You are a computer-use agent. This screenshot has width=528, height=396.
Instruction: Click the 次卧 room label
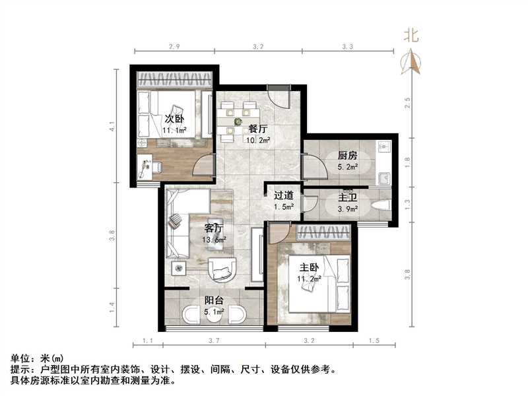pos(174,119)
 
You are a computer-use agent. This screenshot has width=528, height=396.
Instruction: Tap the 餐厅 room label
pos(257,129)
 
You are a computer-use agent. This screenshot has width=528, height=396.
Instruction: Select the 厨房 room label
pos(347,156)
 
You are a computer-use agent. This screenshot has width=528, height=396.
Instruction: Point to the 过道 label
pos(283,195)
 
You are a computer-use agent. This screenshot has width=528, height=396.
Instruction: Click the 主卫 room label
pos(347,197)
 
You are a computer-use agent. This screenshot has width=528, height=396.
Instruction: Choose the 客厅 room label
pos(213,228)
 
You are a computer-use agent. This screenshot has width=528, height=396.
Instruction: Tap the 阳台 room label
pos(213,300)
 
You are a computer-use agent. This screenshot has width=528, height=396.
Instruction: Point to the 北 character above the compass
pos(412,36)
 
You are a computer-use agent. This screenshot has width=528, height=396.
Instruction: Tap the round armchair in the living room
pos(222,269)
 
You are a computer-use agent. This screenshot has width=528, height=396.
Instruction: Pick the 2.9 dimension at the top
pos(174,47)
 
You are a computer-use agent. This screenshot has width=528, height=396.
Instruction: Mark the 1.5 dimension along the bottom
pos(374,341)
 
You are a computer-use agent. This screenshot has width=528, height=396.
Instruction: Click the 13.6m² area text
pos(214,240)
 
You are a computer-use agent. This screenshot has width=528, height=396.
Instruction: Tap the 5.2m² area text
pos(348,167)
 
